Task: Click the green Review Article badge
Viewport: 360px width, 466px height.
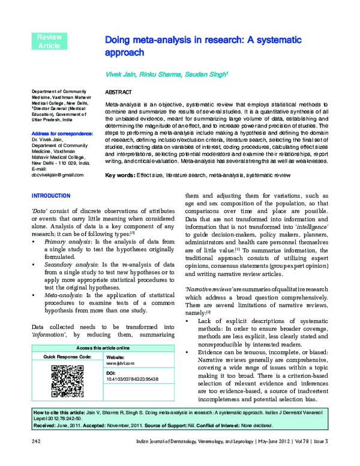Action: (49, 41)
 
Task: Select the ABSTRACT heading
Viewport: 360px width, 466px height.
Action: (118, 94)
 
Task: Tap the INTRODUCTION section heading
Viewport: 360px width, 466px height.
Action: (50, 196)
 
